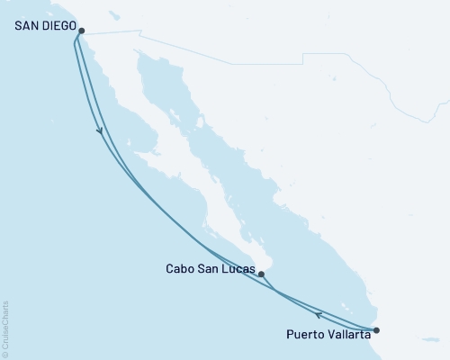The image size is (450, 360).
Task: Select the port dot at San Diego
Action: pos(81,31)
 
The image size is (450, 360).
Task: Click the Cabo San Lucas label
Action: pos(210,268)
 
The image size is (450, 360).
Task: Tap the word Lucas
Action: pos(237,268)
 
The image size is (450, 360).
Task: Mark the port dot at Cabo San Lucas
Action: pos(260,274)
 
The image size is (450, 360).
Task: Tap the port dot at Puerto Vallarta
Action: pos(376,330)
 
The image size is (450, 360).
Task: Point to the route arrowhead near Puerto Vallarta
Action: pos(319,313)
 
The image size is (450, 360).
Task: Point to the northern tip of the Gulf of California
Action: pos(141,55)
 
